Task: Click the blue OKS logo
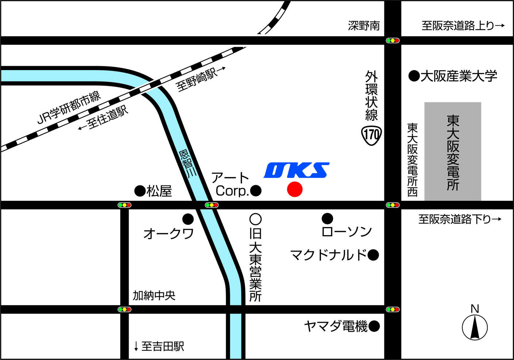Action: pyautogui.click(x=296, y=171)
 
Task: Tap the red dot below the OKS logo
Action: pyautogui.click(x=294, y=189)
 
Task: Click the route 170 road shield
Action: pyautogui.click(x=372, y=135)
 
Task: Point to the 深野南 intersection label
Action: pyautogui.click(x=364, y=26)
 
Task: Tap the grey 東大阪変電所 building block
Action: pyautogui.click(x=453, y=152)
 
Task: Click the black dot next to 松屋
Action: pyautogui.click(x=140, y=191)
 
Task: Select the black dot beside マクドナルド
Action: pyautogui.click(x=373, y=255)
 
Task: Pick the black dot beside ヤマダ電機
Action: pyautogui.click(x=374, y=326)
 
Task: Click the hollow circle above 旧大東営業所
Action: pyautogui.click(x=255, y=219)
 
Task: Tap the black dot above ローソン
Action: pyautogui.click(x=327, y=219)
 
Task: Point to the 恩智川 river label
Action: pyautogui.click(x=188, y=164)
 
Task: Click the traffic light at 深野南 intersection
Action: pyautogui.click(x=393, y=41)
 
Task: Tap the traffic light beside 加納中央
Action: pyautogui.click(x=124, y=309)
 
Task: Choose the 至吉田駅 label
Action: pyautogui.click(x=159, y=346)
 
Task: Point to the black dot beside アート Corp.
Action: pyautogui.click(x=256, y=190)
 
